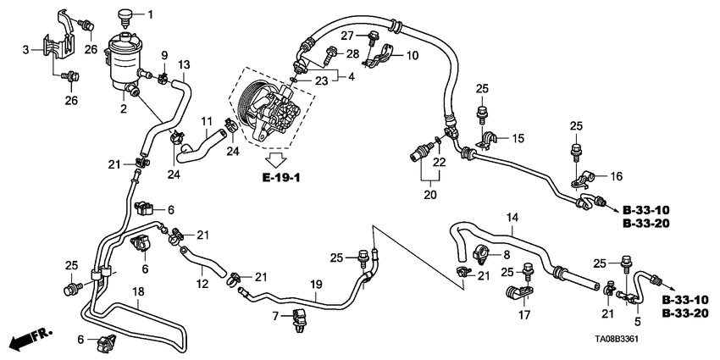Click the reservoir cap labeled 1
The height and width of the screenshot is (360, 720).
click(x=127, y=14)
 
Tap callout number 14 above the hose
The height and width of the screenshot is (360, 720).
click(x=512, y=218)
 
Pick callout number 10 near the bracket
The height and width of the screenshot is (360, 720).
click(x=413, y=56)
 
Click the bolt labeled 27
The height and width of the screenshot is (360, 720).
click(x=373, y=36)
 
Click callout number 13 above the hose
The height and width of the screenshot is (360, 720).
click(x=184, y=64)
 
